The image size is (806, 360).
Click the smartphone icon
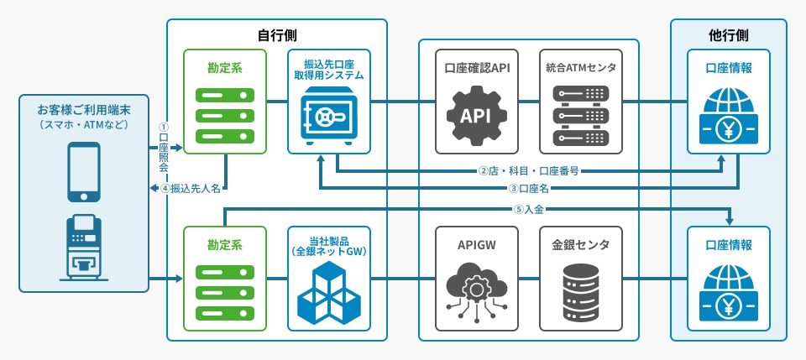point(84,171)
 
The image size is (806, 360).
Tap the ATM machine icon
point(84,248)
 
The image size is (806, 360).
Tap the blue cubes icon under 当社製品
point(328,293)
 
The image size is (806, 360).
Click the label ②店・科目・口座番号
point(528,171)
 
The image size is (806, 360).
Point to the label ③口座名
point(529,187)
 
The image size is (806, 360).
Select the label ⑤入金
point(529,209)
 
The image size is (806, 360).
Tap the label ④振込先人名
point(191,188)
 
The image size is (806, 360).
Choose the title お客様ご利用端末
point(84,110)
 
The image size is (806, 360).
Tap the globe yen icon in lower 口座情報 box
point(729,291)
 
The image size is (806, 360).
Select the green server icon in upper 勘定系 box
point(225,116)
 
